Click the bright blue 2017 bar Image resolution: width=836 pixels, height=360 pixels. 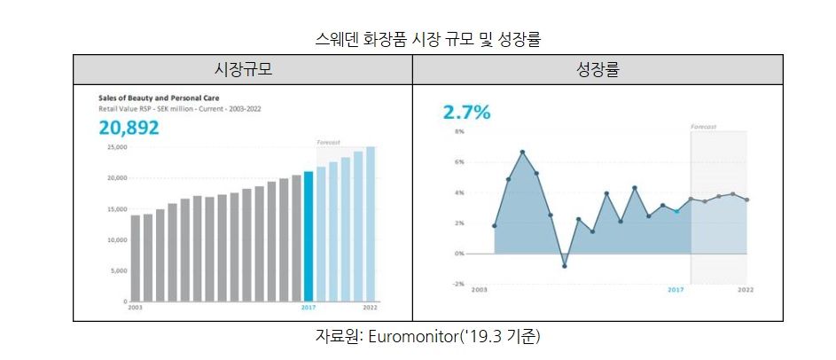point(309,236)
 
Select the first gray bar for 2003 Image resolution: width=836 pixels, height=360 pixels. point(136,258)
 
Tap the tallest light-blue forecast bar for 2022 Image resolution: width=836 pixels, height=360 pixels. point(371,224)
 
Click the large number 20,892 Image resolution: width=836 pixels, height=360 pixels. point(129,129)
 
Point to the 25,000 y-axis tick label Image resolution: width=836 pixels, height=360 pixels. point(116,147)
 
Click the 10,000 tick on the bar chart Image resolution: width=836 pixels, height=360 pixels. point(116,240)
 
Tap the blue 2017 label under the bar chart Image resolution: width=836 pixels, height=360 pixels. point(309,307)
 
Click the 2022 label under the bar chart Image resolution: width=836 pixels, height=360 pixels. point(370,307)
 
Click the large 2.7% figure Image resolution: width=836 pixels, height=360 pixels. point(466,113)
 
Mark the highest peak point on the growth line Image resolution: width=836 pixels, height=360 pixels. point(522,153)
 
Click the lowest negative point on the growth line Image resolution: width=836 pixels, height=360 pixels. point(565,266)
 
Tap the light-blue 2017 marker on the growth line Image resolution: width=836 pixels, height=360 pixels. point(676,211)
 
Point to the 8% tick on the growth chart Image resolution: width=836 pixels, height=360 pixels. point(459,131)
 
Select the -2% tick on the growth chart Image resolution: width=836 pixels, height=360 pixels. point(458,284)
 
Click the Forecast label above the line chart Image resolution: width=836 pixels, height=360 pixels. point(703,127)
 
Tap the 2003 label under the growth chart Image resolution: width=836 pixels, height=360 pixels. point(480,290)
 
